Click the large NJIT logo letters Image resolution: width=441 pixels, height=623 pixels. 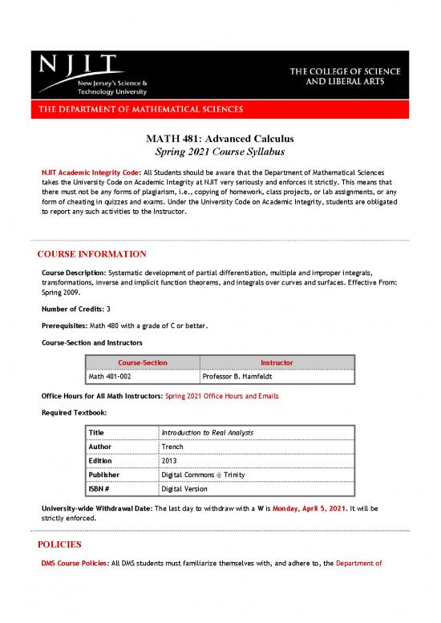pos(77,65)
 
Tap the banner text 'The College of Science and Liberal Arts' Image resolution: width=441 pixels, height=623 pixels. pos(346,77)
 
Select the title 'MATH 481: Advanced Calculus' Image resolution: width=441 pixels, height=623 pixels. pos(220,137)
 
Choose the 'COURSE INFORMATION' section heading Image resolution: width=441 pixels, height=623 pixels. pos(92,254)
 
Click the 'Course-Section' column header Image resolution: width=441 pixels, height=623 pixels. pos(142,362)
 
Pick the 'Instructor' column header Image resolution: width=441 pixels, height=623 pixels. pos(277,362)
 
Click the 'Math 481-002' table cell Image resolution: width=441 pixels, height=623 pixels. pos(113,377)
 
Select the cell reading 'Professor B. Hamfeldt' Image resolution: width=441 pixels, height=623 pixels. pos(240,377)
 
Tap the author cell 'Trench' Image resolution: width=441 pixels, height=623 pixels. pos(172,446)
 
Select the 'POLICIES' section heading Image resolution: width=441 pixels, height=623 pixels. pos(59,544)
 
